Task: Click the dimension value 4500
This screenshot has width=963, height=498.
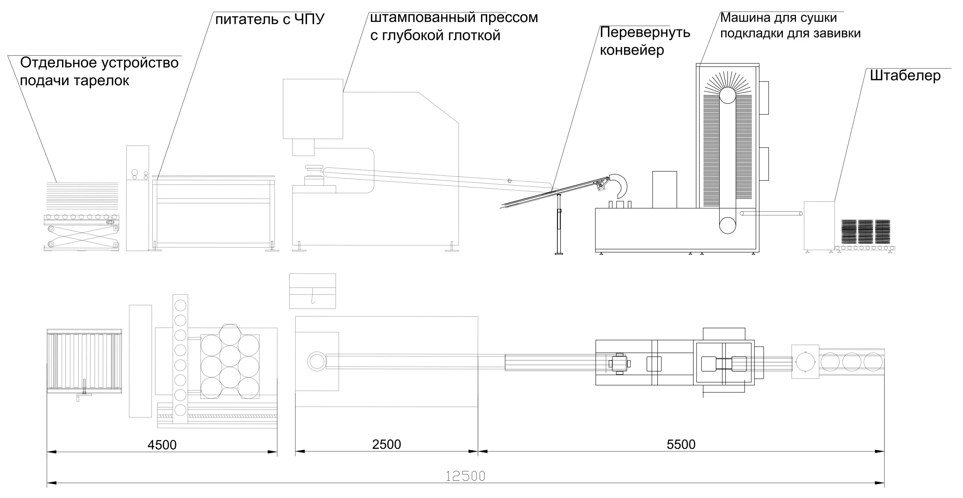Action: [162, 445]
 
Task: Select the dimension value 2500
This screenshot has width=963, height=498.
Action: [386, 445]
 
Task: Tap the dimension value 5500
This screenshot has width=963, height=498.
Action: [681, 445]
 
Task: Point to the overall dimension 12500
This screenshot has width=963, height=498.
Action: [465, 476]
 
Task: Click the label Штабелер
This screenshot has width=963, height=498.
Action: [905, 76]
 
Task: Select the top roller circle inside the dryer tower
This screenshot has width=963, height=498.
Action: [728, 95]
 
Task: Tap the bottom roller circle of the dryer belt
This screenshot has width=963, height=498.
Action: [728, 225]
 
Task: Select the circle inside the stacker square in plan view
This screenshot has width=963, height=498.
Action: [805, 362]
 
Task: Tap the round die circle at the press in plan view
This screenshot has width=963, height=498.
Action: [316, 362]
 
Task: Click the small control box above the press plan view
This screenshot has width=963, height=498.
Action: [312, 291]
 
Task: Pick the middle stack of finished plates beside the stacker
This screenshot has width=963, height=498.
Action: [865, 231]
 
